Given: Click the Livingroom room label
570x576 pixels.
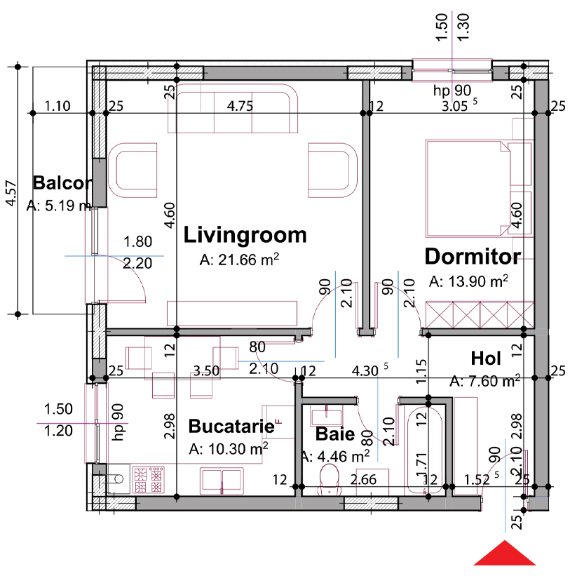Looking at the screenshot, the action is point(245,235).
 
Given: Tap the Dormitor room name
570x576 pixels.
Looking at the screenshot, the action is point(473,256).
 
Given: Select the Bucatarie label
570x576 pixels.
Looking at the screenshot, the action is point(231,426).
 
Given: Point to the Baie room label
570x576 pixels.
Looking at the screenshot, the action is point(335,434).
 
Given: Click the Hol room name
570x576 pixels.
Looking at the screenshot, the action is point(486,359).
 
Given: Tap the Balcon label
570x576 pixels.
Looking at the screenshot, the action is point(62,183).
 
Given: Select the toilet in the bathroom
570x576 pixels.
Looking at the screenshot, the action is point(330,479).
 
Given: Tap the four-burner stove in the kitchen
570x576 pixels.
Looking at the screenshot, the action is point(148,479).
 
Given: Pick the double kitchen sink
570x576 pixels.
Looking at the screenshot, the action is point(222,481).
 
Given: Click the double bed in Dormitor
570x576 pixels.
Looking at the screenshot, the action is point(479,188).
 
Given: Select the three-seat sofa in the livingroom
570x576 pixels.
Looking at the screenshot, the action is point(233,108).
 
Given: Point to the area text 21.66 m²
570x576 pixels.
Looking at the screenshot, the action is point(239,260).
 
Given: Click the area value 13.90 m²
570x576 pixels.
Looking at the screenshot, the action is point(469,281).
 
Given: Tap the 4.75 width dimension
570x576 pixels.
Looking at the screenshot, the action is point(240,106).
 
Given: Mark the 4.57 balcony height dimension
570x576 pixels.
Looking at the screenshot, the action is point(11,193).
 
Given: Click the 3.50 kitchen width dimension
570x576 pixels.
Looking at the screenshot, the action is point(206,371).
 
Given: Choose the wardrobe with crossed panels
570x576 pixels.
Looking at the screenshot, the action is point(480,315).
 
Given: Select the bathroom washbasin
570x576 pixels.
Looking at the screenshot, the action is point(326,416).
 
